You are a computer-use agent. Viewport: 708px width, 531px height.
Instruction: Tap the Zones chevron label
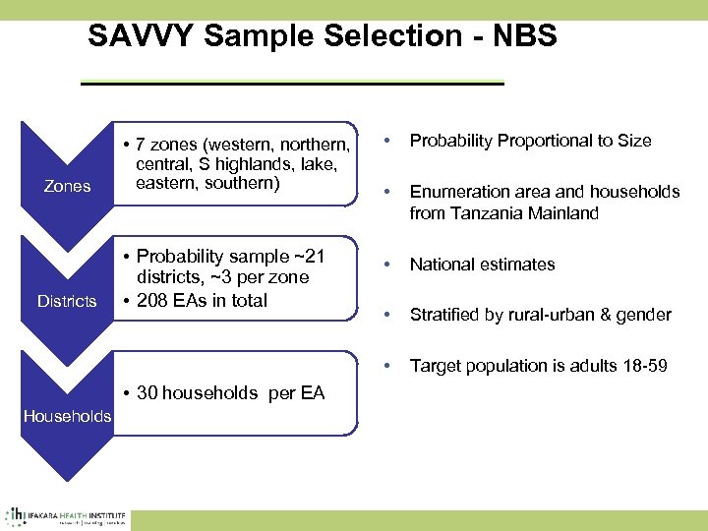68,186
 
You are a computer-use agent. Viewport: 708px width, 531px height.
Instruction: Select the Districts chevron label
67,301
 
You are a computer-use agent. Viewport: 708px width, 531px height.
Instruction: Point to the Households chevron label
67,416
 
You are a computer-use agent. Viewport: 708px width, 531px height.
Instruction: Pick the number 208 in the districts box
153,300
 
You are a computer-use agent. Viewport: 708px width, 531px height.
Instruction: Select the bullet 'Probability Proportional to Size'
530,141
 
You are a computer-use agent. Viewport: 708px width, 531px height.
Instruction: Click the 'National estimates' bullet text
482,264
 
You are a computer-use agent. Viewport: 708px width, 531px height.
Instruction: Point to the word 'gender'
643,315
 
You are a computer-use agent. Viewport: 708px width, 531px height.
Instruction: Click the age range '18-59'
645,366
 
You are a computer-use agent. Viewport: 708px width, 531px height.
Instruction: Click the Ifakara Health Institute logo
67,515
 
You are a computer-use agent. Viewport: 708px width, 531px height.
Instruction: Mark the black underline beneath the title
291,84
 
